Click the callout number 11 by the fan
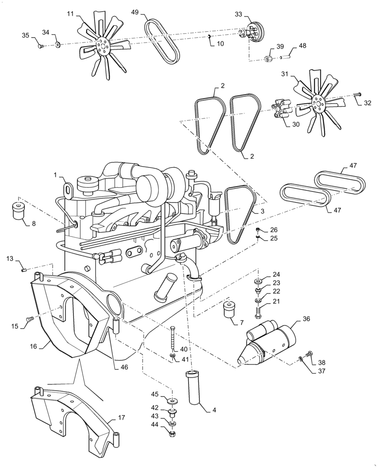(x=70, y=15)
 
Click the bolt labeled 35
(x=41, y=45)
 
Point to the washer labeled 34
(x=58, y=45)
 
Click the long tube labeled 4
(x=196, y=387)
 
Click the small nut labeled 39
(x=269, y=59)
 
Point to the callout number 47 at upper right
(x=353, y=166)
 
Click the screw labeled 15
(x=30, y=319)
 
